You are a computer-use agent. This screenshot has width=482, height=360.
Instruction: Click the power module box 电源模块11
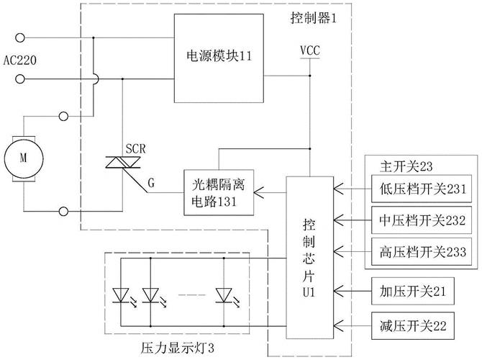219,55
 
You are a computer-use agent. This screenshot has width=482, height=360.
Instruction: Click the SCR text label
135,148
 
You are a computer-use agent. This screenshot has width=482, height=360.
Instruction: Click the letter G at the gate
151,183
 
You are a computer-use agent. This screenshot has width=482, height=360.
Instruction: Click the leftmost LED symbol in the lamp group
121,294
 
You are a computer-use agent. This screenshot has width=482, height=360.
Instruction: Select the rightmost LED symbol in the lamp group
224,294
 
